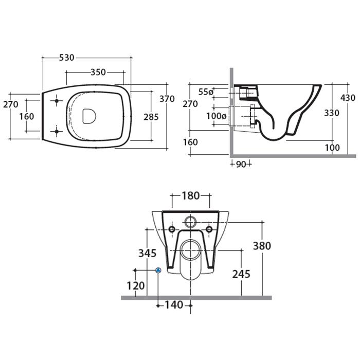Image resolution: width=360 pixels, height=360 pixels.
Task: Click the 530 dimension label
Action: coord(66,58)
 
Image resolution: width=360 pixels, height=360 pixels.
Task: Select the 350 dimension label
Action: coord(98,72)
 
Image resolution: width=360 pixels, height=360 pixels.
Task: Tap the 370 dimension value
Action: coord(167,99)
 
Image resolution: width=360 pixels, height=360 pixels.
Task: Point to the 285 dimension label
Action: coord(151,117)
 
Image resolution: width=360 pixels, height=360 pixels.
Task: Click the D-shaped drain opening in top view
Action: coord(89,116)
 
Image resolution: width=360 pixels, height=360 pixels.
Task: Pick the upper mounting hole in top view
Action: coord(57,101)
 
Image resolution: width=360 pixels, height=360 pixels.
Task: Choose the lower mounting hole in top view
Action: coord(57,132)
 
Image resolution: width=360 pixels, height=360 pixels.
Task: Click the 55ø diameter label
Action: coord(206,92)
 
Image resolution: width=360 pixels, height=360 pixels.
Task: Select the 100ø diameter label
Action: coord(216,116)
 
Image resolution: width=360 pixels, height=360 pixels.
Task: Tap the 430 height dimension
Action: coord(348,98)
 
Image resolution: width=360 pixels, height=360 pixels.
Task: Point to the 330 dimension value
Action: coord(332,113)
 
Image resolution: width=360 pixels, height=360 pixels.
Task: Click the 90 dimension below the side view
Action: coord(241,165)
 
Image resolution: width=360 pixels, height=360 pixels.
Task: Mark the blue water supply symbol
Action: coord(158,270)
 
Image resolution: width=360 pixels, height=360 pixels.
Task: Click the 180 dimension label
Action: coord(191,196)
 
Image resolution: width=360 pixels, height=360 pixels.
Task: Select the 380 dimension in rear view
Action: coord(262,246)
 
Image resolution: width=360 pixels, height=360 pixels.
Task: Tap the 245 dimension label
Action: coord(241,274)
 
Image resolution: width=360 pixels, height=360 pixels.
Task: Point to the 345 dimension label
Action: coord(148,253)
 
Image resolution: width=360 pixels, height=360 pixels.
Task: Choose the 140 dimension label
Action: coord(174,305)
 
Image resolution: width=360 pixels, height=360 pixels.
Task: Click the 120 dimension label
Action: coord(136,286)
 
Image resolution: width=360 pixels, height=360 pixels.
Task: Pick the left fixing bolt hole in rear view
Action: coord(172,229)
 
